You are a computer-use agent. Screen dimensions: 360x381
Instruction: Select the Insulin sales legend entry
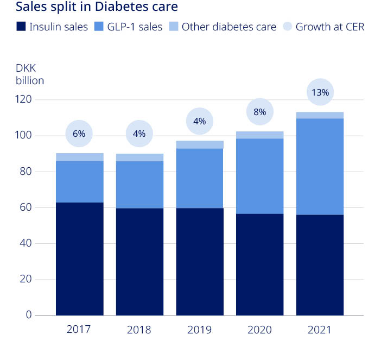(52, 27)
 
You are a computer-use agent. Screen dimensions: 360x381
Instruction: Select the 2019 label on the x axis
(199, 330)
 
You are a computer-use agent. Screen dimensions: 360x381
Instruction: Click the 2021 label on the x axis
(319, 330)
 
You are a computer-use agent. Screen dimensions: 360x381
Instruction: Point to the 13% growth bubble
(320, 92)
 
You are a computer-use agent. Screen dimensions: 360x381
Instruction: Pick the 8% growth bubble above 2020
(259, 112)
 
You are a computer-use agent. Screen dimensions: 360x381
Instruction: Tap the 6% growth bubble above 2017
(79, 134)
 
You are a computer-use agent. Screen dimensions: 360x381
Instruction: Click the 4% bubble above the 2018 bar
(139, 134)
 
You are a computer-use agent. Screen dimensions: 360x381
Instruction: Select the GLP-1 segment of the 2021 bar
(320, 167)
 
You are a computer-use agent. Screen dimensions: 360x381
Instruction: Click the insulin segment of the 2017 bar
(80, 258)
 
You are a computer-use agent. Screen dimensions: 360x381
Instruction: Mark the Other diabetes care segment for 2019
(200, 144)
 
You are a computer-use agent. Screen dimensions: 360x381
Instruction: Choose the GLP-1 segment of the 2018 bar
(139, 185)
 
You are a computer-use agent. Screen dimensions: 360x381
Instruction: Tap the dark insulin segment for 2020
(259, 264)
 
